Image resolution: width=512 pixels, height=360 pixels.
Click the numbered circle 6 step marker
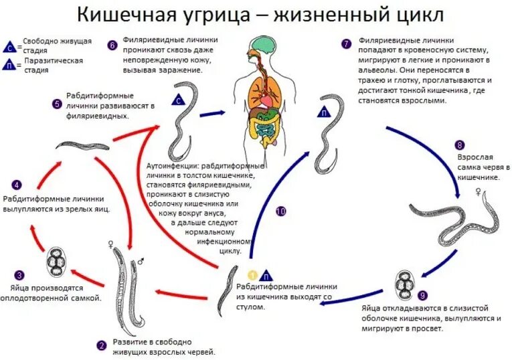[x=112, y=45]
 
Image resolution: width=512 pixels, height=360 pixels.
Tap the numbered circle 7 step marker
[x=345, y=45]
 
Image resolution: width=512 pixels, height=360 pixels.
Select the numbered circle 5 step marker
[x=56, y=104]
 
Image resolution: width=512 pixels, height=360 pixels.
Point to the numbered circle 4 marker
[x=17, y=185]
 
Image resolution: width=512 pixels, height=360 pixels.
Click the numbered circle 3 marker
[x=20, y=274]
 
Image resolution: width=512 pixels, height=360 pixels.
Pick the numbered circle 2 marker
[x=102, y=345]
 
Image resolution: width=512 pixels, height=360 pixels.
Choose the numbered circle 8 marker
[x=459, y=145]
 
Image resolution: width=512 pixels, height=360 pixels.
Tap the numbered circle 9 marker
[x=422, y=294]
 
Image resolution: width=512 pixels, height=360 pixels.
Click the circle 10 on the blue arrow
[x=280, y=211]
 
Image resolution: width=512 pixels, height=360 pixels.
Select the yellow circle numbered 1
[x=252, y=275]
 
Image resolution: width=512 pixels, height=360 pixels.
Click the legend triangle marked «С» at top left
[x=10, y=46]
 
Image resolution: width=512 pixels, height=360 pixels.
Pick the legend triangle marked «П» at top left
[x=10, y=65]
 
